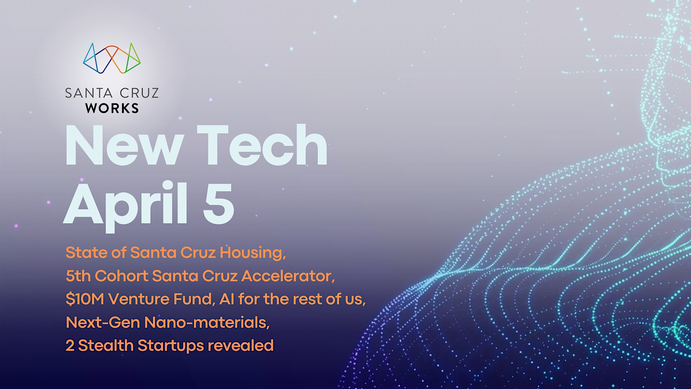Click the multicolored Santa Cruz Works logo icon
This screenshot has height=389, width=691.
112,58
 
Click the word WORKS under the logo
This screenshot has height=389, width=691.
112,108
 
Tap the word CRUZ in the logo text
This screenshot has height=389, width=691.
139,93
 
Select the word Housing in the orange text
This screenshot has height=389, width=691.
253,253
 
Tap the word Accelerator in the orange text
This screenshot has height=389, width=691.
288,276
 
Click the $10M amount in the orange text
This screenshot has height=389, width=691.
85,299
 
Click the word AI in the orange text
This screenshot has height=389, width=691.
227,299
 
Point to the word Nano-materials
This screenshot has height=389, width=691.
207,322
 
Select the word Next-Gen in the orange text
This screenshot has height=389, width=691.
103,322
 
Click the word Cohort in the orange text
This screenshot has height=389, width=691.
122,276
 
